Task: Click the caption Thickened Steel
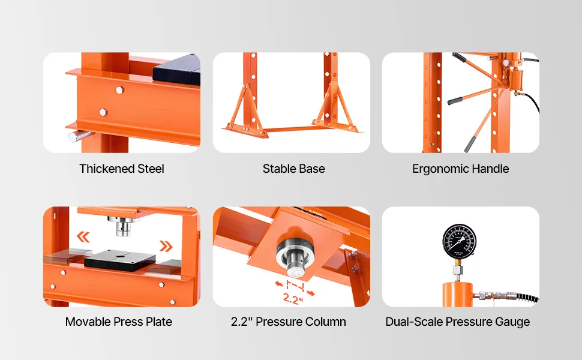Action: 122,169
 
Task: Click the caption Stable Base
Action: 293,169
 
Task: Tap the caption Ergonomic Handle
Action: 460,169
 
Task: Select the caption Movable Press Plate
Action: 119,322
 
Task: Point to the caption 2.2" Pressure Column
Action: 289,322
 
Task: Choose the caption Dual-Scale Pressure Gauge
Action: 458,322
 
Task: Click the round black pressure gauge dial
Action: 460,242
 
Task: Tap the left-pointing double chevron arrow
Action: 83,237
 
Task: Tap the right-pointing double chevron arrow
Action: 166,245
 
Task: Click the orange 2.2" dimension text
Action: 293,298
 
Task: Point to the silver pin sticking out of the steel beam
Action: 79,136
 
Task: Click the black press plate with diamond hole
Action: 120,259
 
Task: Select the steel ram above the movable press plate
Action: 123,226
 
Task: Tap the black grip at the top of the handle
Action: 459,58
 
